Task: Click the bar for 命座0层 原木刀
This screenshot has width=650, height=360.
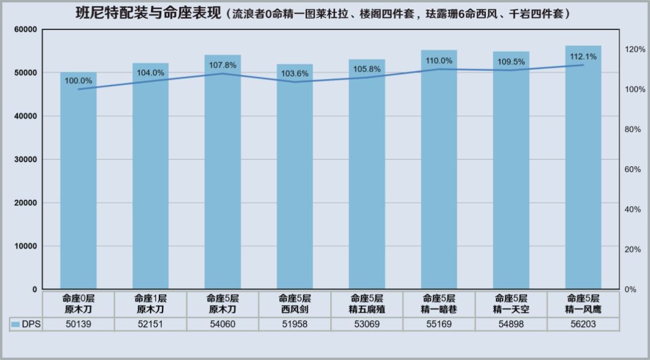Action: coord(78,181)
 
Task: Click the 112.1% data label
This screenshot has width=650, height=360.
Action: coord(583,57)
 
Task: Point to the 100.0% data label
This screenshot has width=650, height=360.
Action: coord(78,81)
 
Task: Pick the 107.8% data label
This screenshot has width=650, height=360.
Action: coord(223,65)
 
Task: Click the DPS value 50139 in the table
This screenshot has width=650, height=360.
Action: coord(78,324)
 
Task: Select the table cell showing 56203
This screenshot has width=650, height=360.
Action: coord(583,324)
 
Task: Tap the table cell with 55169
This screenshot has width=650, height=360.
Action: coord(439,324)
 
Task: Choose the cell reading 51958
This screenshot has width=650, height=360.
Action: coord(295,324)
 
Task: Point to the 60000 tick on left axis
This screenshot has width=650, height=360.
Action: coord(25,29)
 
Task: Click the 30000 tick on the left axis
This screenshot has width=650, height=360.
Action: coord(25,160)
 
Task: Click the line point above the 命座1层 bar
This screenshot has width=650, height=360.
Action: coord(150,81)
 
